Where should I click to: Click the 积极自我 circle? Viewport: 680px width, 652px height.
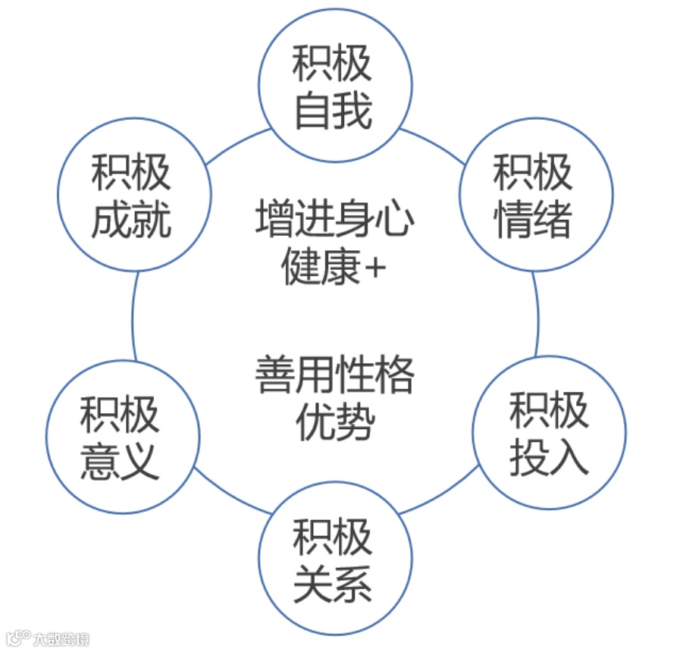coord(335,85)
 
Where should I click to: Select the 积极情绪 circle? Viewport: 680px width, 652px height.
coord(535,194)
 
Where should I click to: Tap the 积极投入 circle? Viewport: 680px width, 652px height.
coord(549,433)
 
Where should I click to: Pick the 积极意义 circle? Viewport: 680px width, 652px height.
coord(122,437)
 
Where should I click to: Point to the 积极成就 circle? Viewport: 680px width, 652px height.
coord(133,194)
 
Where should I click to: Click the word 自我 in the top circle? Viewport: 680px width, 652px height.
coord(334,111)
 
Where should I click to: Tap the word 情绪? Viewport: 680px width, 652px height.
coord(533,221)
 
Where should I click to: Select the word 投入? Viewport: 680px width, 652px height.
coord(549,457)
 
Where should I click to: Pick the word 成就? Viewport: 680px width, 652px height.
coord(132,221)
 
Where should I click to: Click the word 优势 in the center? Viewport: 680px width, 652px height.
coord(335,422)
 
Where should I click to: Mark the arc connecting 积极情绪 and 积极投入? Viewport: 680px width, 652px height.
coord(537,315)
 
